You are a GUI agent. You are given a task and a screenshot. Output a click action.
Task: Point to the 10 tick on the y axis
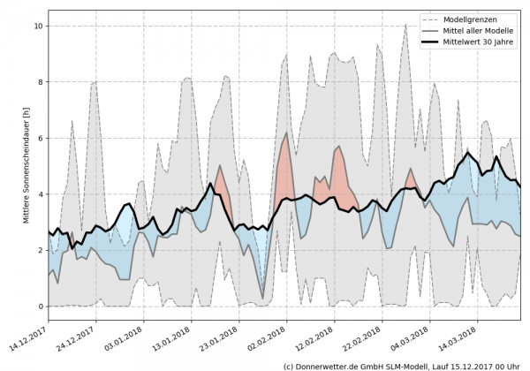tap(38, 26)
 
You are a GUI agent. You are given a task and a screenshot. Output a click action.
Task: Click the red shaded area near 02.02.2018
tap(284, 172)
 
